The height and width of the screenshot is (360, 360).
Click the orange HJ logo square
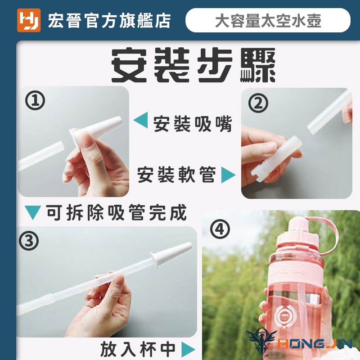pyautogui.click(x=29, y=20)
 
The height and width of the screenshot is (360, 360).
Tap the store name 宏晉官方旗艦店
pyautogui.click(x=109, y=20)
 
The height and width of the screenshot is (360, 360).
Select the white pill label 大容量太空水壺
pyautogui.click(x=268, y=20)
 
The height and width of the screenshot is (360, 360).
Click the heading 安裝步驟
pyautogui.click(x=193, y=65)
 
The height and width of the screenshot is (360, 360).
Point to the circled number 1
pyautogui.click(x=35, y=100)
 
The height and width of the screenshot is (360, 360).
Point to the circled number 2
pyautogui.click(x=258, y=103)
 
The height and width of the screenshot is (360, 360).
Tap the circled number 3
pyautogui.click(x=29, y=241)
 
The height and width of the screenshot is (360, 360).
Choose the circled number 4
pyautogui.click(x=220, y=229)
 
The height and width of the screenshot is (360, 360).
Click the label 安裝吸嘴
pyautogui.click(x=193, y=124)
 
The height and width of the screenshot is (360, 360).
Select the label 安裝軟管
pyautogui.click(x=177, y=175)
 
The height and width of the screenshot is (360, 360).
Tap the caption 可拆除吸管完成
pyautogui.click(x=117, y=212)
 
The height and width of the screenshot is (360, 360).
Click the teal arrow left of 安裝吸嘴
pyautogui.click(x=140, y=120)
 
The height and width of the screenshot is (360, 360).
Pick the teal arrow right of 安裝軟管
pyautogui.click(x=228, y=175)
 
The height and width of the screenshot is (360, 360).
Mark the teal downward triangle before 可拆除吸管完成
pyautogui.click(x=33, y=212)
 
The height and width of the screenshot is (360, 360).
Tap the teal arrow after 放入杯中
pyautogui.click(x=188, y=350)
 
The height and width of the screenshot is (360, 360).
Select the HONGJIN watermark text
pyautogui.click(x=315, y=344)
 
